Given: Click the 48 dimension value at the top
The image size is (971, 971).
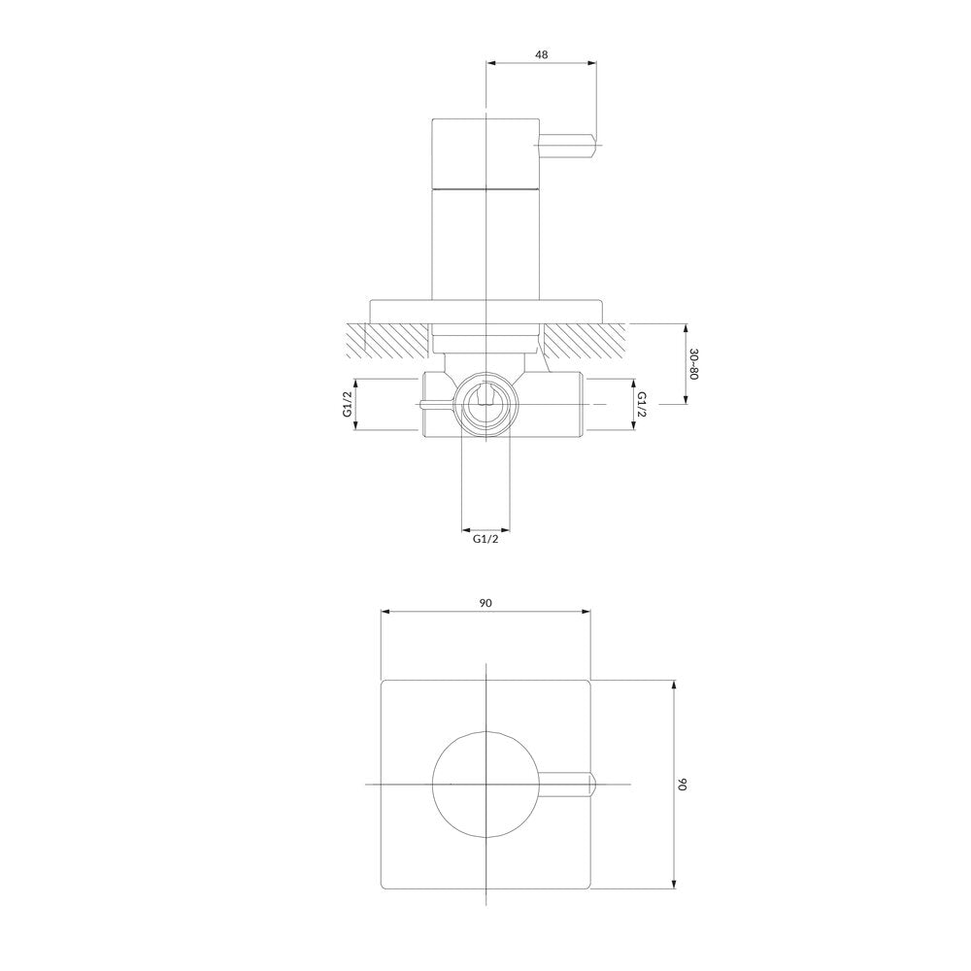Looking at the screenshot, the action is [541, 54].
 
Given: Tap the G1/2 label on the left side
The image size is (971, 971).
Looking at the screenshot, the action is [348, 404].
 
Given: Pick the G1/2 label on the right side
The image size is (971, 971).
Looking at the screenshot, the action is [641, 404].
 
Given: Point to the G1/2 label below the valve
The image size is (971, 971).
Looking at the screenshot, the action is [485, 539].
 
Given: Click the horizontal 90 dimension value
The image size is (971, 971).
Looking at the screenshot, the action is [485, 603].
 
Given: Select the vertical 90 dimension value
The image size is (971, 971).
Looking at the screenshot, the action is [682, 784].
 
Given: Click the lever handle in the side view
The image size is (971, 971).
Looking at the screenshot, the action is [568, 146].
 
